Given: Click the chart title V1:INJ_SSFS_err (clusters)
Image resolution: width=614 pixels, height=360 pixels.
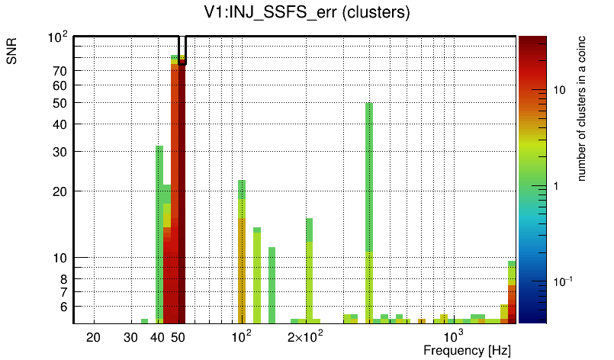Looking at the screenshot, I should point(306,13).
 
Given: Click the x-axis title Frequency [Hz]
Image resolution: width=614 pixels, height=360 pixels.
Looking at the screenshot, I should point(467,350).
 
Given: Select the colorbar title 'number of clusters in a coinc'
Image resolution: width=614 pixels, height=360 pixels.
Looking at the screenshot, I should point(581,108).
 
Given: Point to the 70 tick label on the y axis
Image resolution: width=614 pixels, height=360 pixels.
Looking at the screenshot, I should point(59,71).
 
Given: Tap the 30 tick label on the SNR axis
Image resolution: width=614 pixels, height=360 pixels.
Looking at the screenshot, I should point(59,152).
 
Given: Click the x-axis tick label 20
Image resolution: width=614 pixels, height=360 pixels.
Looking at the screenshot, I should point(94,337).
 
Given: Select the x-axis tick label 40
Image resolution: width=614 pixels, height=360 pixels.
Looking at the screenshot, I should point(158,337).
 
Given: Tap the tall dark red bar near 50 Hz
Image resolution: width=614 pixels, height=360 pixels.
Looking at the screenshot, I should point(182,191).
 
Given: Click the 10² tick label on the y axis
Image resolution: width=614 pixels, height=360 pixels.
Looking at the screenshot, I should point(59,37).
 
